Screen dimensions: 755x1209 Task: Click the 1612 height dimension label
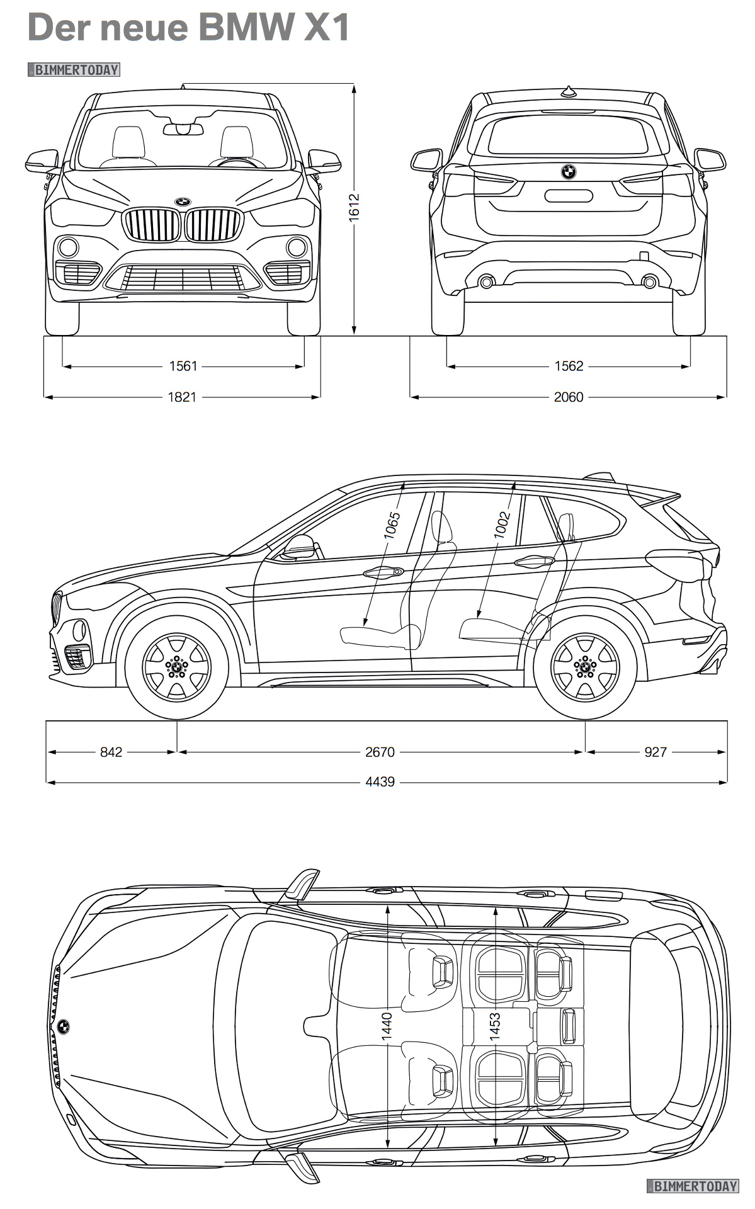[x=354, y=206]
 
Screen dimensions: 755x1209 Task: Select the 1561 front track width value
[x=183, y=366]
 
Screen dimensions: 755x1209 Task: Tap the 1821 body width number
[x=182, y=397]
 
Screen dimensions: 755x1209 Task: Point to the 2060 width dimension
[x=569, y=397]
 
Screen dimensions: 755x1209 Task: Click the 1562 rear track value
[x=569, y=366]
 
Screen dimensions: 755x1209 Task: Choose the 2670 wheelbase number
[x=380, y=752]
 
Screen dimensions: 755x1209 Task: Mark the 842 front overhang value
[x=111, y=752]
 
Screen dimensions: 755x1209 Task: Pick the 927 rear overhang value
[x=656, y=752]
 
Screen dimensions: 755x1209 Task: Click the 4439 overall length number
[x=380, y=781]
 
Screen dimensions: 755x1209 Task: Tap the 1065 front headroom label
[x=392, y=525]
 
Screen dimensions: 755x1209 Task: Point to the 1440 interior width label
[x=387, y=1026]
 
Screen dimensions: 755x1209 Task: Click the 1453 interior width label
[x=495, y=1026]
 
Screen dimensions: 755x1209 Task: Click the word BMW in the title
[x=247, y=28]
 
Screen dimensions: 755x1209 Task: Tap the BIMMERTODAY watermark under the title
[x=74, y=70]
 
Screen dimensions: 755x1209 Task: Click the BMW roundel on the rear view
[x=569, y=171]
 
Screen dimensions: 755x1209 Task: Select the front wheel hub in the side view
[x=177, y=667]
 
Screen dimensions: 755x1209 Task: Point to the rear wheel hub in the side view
[x=585, y=667]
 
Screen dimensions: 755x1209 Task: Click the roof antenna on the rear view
[x=569, y=92]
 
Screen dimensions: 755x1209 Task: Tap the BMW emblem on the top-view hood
[x=64, y=1026]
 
